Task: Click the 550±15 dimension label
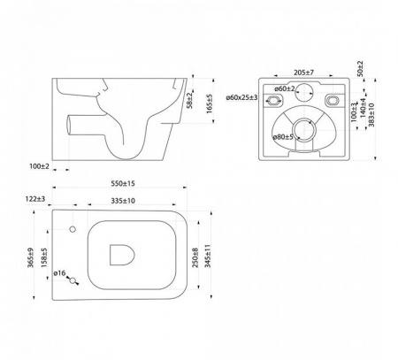(123, 183)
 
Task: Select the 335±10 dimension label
(123, 201)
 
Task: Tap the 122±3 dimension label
(35, 199)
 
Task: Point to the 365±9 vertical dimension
(31, 257)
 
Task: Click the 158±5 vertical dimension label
(44, 257)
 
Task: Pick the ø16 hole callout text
(59, 273)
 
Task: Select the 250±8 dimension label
(195, 257)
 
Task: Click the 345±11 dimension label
(208, 256)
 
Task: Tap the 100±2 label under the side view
(39, 166)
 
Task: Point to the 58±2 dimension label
(190, 101)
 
